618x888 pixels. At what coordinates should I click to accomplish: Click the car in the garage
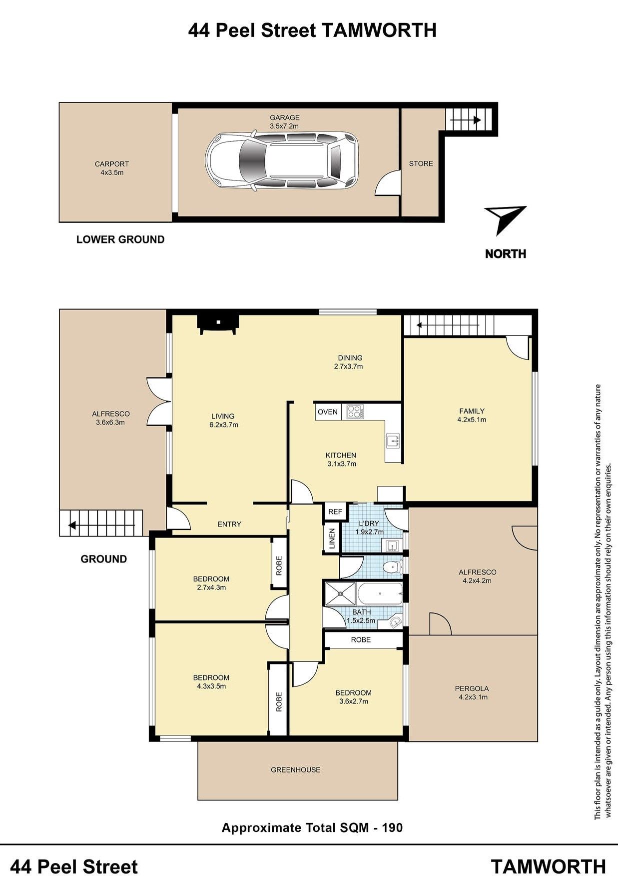tap(282, 161)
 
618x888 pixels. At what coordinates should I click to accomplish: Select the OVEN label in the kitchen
tap(328, 412)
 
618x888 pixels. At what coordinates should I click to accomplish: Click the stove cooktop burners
tap(355, 411)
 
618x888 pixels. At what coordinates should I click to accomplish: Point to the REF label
tap(335, 512)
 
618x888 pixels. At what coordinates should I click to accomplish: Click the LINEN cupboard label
tap(332, 539)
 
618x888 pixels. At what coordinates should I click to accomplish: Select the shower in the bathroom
tap(340, 594)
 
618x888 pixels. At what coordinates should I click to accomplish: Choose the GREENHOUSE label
tap(296, 770)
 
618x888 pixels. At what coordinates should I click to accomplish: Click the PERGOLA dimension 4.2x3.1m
tap(473, 697)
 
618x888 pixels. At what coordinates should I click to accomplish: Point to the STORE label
tap(421, 163)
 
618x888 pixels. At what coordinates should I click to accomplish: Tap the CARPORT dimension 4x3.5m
tap(112, 172)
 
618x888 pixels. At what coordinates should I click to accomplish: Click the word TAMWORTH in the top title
tap(378, 30)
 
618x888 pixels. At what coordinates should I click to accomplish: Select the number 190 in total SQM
tap(392, 827)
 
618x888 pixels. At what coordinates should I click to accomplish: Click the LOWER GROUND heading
tap(120, 239)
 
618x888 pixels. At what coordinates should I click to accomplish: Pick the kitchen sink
tap(393, 440)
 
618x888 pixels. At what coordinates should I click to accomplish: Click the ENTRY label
tap(229, 524)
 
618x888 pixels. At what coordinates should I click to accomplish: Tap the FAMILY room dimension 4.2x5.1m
tap(472, 419)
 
